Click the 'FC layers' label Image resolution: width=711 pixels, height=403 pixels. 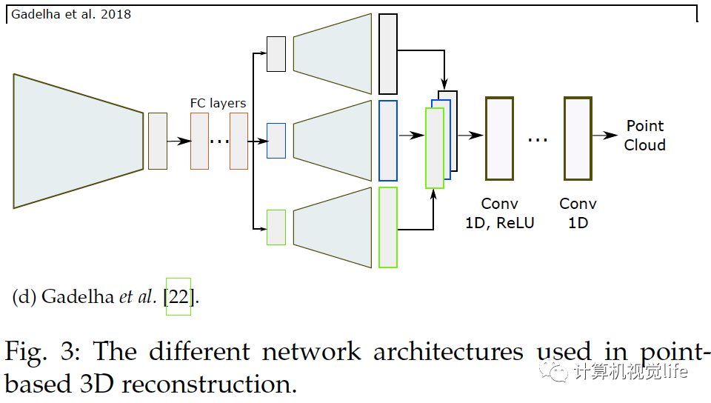(218, 104)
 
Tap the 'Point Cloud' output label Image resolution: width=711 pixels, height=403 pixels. (645, 135)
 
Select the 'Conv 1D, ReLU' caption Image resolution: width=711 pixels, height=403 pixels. (500, 213)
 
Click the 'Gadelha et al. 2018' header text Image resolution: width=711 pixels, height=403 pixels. (71, 14)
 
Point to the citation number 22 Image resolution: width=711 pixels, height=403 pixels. (178, 297)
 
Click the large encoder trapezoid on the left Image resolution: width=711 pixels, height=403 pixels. (79, 141)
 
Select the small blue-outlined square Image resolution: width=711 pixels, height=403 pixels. (276, 141)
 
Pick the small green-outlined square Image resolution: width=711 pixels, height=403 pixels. (276, 227)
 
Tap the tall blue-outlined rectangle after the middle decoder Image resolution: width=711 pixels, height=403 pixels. (388, 141)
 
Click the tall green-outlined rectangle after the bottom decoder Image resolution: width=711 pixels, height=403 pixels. (388, 227)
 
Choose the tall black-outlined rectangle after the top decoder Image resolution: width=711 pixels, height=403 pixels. (388, 54)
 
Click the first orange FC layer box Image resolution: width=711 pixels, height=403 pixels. (199, 141)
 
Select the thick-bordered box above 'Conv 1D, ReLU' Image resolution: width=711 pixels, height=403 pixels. (500, 139)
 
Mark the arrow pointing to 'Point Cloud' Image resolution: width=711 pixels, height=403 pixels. (605, 135)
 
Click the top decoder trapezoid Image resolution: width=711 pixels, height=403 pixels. (333, 54)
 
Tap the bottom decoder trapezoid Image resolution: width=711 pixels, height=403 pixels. (333, 227)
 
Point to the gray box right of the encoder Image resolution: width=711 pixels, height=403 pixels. (158, 141)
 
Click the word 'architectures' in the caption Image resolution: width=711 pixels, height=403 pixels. (448, 352)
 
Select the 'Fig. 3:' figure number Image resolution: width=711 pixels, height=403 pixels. (43, 352)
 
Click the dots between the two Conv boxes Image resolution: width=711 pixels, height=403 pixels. (538, 141)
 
